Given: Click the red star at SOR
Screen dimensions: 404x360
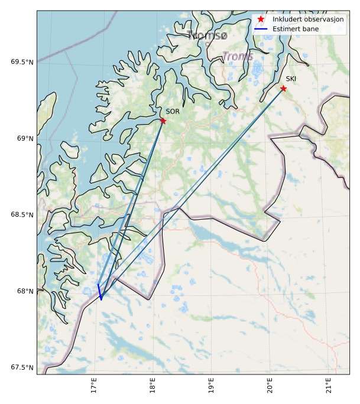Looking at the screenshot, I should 163,120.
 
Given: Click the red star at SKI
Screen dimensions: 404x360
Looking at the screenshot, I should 283,88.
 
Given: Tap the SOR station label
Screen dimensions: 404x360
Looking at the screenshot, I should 172,111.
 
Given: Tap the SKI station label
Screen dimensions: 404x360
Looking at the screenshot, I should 291,79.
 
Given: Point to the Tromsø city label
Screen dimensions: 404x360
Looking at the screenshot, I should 207,36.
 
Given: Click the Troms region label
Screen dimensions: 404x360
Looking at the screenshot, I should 238,57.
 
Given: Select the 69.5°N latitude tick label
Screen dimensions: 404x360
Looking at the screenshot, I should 22,62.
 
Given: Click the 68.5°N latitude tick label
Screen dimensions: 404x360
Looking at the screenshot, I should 22,215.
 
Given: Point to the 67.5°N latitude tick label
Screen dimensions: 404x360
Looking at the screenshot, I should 22,368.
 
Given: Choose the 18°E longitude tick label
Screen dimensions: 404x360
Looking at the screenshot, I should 153,386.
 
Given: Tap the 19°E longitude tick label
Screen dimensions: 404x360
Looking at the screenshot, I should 212,386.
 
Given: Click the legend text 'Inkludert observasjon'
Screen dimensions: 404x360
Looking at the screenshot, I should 308,19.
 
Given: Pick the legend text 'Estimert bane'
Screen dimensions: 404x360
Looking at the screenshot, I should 296,28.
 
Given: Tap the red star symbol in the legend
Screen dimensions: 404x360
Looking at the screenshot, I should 261,19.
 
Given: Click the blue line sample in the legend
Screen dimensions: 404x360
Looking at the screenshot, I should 261,28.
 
